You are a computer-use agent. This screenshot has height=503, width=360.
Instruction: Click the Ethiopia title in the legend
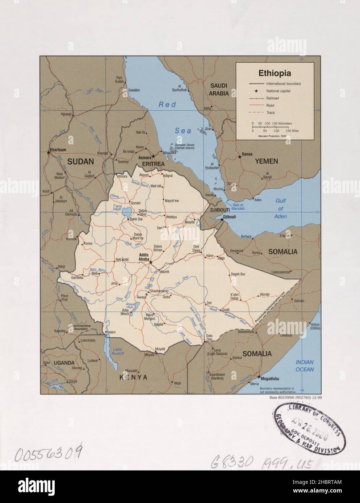274,73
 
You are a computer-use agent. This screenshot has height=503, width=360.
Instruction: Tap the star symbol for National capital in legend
256,91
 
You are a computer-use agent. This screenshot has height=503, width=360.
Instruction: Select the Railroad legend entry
272,98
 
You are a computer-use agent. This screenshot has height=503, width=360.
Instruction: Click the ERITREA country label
153,164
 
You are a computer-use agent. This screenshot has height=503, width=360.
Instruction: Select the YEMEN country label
266,161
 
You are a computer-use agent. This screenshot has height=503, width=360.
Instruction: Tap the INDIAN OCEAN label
305,365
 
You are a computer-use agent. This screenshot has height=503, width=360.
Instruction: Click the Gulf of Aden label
280,208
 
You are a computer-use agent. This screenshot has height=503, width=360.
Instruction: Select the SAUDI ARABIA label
219,89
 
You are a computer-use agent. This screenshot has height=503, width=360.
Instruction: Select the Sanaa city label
247,155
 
